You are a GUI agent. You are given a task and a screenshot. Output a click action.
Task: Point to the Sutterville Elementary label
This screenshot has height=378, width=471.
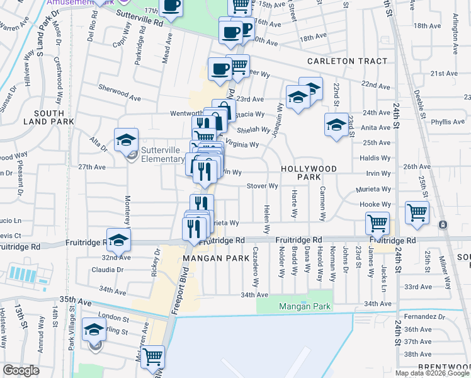(161, 154)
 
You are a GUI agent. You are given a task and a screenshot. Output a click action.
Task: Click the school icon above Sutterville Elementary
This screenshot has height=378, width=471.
(126, 140)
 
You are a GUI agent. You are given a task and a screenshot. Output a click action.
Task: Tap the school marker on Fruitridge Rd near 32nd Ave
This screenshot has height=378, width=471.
(118, 239)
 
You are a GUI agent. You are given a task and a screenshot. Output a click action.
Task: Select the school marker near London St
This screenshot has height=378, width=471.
(94, 331)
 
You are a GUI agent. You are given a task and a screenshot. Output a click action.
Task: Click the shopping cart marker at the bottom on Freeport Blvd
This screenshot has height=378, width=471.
(153, 357)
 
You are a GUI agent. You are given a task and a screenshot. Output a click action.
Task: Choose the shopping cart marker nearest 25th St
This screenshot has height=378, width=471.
(416, 213)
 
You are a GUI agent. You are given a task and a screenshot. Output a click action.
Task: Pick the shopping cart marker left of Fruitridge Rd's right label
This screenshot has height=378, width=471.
(377, 222)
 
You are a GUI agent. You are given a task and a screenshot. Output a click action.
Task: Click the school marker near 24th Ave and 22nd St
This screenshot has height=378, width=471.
(336, 125)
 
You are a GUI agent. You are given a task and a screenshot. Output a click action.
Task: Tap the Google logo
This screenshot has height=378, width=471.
(21, 370)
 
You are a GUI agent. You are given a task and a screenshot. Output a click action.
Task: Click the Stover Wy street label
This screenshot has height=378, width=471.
(263, 186)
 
